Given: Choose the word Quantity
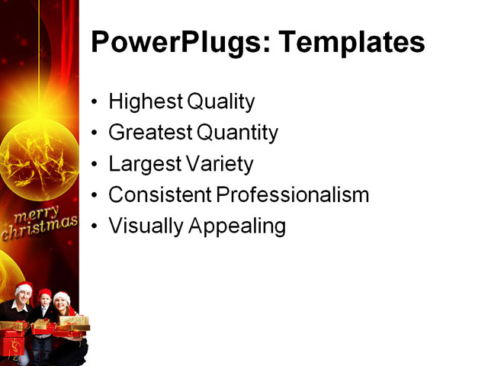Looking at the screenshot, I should point(237,133).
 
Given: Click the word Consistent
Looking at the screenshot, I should point(160,195).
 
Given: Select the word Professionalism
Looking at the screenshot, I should point(294,195).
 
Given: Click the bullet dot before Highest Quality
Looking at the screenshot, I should point(94,102).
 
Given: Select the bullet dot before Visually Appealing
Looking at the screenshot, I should point(94,227).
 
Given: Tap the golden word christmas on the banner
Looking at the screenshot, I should point(40,226).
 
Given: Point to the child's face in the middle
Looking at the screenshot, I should point(44,303).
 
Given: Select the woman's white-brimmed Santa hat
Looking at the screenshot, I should point(62,297).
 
